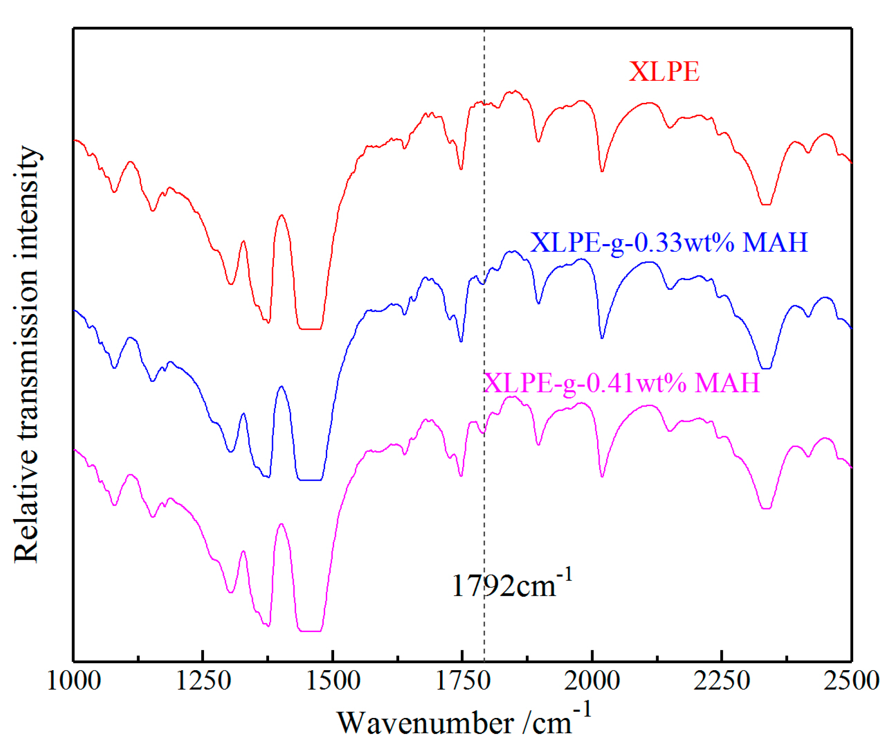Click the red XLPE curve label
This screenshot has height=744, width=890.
pyautogui.click(x=664, y=71)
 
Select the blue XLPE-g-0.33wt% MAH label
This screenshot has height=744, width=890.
pyautogui.click(x=669, y=242)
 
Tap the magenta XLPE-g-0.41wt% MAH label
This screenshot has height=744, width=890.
pyautogui.click(x=621, y=383)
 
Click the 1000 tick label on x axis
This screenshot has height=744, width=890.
pyautogui.click(x=74, y=681)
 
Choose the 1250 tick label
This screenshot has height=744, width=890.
pyautogui.click(x=203, y=681)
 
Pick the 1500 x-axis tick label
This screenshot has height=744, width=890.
pyautogui.click(x=333, y=681)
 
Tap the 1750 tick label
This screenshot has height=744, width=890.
pyautogui.click(x=462, y=681)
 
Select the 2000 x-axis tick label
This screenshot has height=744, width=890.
pyautogui.click(x=591, y=681)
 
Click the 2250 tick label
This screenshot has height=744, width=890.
pyautogui.click(x=721, y=681)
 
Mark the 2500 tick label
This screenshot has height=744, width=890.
pyautogui.click(x=851, y=681)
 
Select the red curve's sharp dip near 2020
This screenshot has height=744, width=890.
pyautogui.click(x=602, y=171)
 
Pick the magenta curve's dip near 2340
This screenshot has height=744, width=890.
pyautogui.click(x=766, y=508)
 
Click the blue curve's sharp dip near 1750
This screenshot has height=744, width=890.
pyautogui.click(x=461, y=341)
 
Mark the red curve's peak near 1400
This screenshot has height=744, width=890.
pyautogui.click(x=282, y=215)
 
